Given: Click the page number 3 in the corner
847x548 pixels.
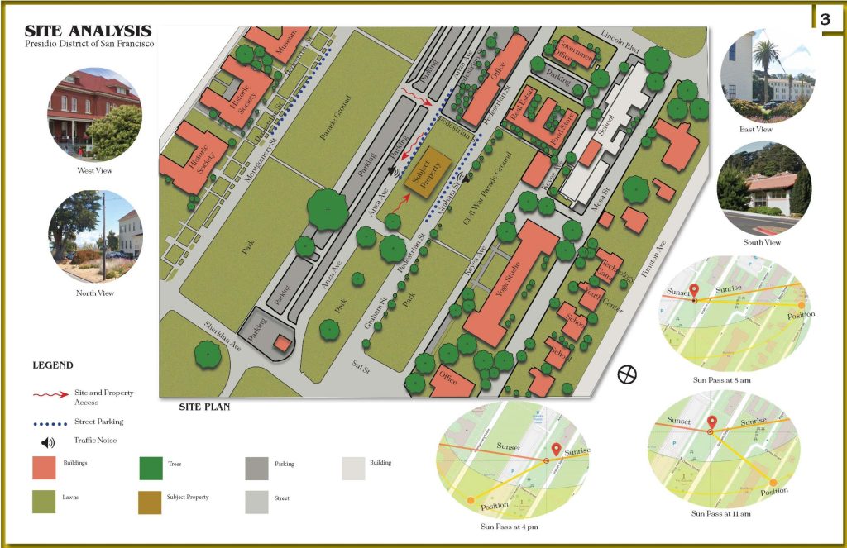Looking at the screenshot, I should point(825,19).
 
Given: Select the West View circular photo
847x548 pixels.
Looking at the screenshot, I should point(93,115).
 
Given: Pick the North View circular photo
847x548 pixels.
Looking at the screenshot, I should point(95,236).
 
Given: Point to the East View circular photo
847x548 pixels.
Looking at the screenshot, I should point(767,77).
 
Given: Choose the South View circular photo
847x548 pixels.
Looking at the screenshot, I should point(764,189).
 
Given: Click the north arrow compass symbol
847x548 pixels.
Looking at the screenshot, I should point(628,374).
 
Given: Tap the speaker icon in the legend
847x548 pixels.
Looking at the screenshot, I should point(49,441).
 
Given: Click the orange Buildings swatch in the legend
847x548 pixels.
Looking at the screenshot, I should point(45,468).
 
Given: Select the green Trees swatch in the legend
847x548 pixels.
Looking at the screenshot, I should point(151,468).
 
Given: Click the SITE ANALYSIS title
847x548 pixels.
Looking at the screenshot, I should point(88,31).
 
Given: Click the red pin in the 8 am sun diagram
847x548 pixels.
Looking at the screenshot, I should point(694,291).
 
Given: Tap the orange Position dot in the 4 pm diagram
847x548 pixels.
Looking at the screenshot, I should point(471,500).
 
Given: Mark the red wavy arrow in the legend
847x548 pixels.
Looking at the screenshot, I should point(50,395).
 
